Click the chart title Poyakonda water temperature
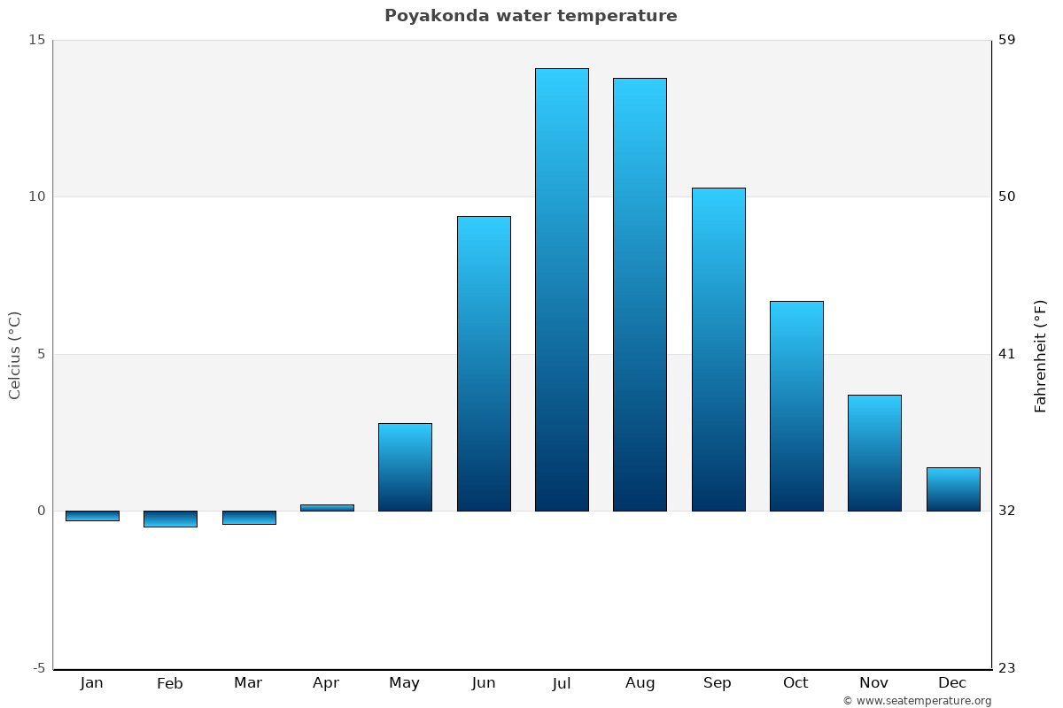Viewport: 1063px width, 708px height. tap(531, 16)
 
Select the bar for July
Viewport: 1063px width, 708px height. tap(562, 289)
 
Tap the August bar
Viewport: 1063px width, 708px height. tap(640, 295)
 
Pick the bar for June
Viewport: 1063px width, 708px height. tap(484, 364)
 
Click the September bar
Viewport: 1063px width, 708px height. tap(718, 350)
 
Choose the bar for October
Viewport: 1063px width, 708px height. tap(796, 406)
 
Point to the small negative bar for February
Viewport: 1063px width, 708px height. tap(170, 519)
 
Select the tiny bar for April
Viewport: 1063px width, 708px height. tap(327, 508)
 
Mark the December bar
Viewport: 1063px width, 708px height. tap(953, 489)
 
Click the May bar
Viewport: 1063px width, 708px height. tap(405, 467)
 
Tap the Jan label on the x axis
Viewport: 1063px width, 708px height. tap(92, 683)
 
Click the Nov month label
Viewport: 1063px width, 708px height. tap(874, 683)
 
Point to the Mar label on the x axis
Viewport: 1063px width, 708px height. tap(248, 683)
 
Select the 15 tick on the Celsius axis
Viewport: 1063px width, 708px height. tap(36, 40)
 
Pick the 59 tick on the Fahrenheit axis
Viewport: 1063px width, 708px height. tap(1007, 40)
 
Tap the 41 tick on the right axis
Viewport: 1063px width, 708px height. tap(1007, 354)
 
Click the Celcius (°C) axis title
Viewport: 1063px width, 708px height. tap(15, 355)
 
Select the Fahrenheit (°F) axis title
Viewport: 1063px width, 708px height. tap(1040, 355)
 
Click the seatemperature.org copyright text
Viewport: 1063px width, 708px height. tap(917, 701)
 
